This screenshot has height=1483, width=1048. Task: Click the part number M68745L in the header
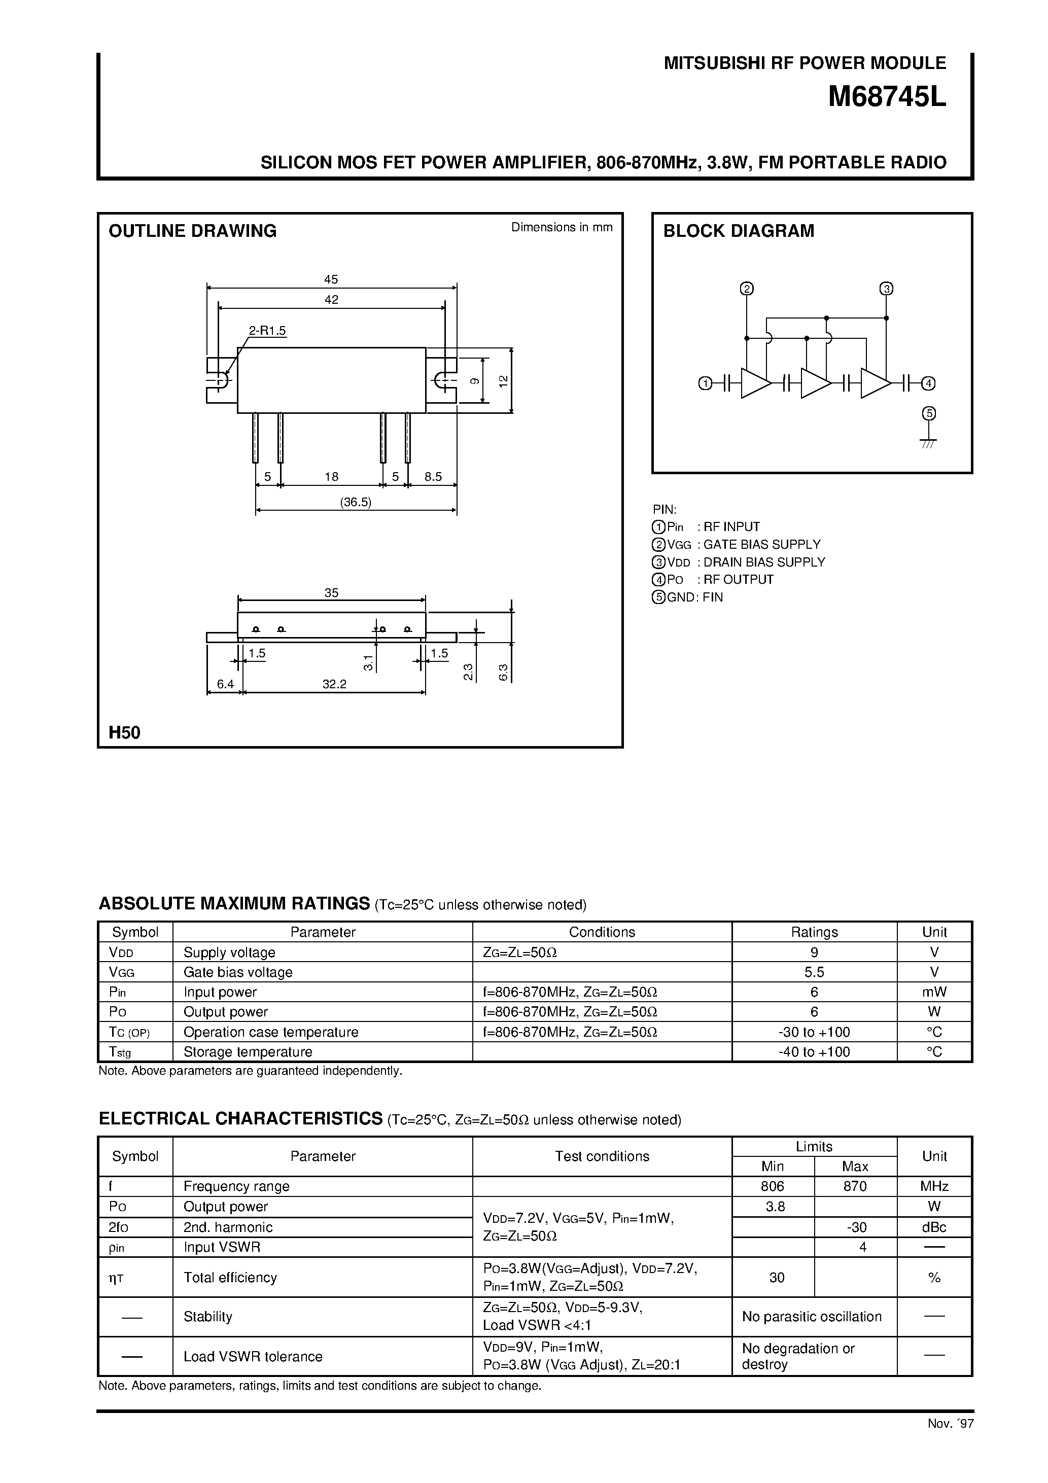[887, 97]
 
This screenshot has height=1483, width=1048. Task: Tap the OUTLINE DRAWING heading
[193, 231]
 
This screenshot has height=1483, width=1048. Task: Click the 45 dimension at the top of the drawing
[331, 279]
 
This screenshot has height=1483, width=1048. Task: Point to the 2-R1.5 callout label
[267, 331]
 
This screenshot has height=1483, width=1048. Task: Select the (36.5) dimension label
[356, 502]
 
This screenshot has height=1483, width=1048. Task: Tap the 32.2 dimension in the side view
[334, 684]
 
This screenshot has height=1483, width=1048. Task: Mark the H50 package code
[125, 732]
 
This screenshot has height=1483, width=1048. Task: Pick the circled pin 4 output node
[928, 383]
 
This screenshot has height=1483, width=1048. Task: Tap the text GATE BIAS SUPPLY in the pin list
[762, 545]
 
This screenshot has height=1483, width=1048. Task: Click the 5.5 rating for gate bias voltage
[814, 972]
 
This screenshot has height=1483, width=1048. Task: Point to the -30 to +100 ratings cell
[814, 1032]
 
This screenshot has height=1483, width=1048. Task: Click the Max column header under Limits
[855, 1167]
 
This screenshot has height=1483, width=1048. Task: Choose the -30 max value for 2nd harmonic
[855, 1227]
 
